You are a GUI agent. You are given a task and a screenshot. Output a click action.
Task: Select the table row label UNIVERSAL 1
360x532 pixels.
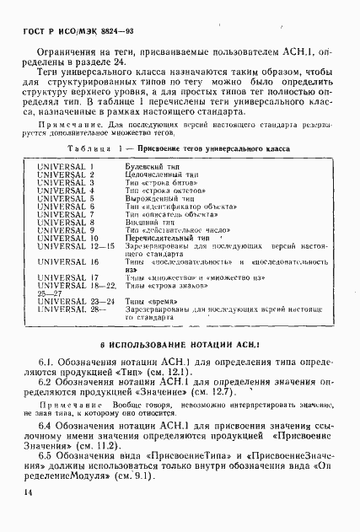point(64,167)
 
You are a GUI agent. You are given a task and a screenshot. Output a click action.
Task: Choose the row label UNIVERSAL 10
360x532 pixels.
point(66,239)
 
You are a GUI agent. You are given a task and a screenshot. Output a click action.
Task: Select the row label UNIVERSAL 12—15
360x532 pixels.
point(72,246)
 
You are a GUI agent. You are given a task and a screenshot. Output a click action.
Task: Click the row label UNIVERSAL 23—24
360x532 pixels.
point(72,299)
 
